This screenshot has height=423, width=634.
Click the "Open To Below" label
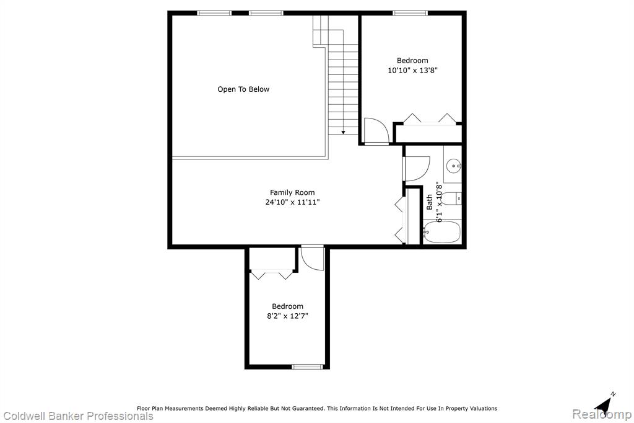(243, 89)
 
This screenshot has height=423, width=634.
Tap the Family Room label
(292, 192)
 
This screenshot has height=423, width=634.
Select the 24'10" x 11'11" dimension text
(292, 202)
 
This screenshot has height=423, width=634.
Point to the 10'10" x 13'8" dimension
(412, 70)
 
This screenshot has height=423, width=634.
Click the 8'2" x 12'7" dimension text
(287, 316)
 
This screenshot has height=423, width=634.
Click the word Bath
(430, 202)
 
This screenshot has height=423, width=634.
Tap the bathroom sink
(454, 166)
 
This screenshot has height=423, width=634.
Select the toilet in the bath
(451, 198)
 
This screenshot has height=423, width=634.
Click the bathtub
(442, 232)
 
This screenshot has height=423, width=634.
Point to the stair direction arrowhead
(343, 132)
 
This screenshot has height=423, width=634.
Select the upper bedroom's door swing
(376, 130)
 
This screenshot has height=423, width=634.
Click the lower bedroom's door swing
(312, 259)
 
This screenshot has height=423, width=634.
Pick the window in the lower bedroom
(308, 367)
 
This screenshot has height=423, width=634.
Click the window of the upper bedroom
(410, 13)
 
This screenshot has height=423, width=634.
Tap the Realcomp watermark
(602, 414)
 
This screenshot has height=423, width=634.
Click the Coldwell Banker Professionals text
(79, 416)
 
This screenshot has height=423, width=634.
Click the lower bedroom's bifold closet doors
(272, 274)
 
